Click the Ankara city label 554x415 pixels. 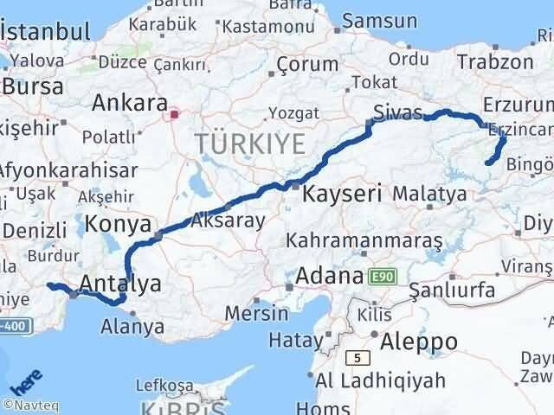130,104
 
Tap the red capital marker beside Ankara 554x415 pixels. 174,112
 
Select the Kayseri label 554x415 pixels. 342,195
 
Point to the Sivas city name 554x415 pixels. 398,112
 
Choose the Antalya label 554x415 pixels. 120,283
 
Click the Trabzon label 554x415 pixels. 494,61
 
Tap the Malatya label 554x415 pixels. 429,195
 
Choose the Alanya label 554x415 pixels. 132,327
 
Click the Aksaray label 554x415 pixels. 229,220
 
